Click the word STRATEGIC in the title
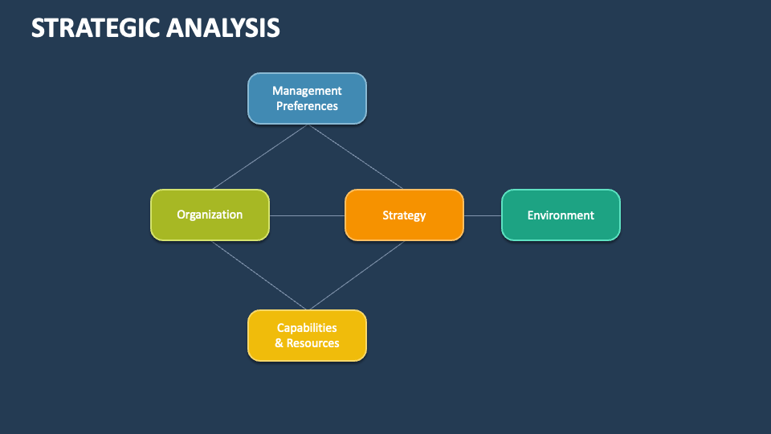(95, 28)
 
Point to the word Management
(307, 91)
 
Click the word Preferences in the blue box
(307, 106)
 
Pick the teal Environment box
(561, 215)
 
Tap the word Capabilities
(307, 328)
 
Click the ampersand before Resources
(279, 343)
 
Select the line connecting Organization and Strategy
(307, 215)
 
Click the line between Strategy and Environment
(483, 215)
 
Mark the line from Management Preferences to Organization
(259, 157)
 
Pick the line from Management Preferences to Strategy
(356, 157)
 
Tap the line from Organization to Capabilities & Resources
(259, 275)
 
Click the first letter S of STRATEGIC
(38, 28)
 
